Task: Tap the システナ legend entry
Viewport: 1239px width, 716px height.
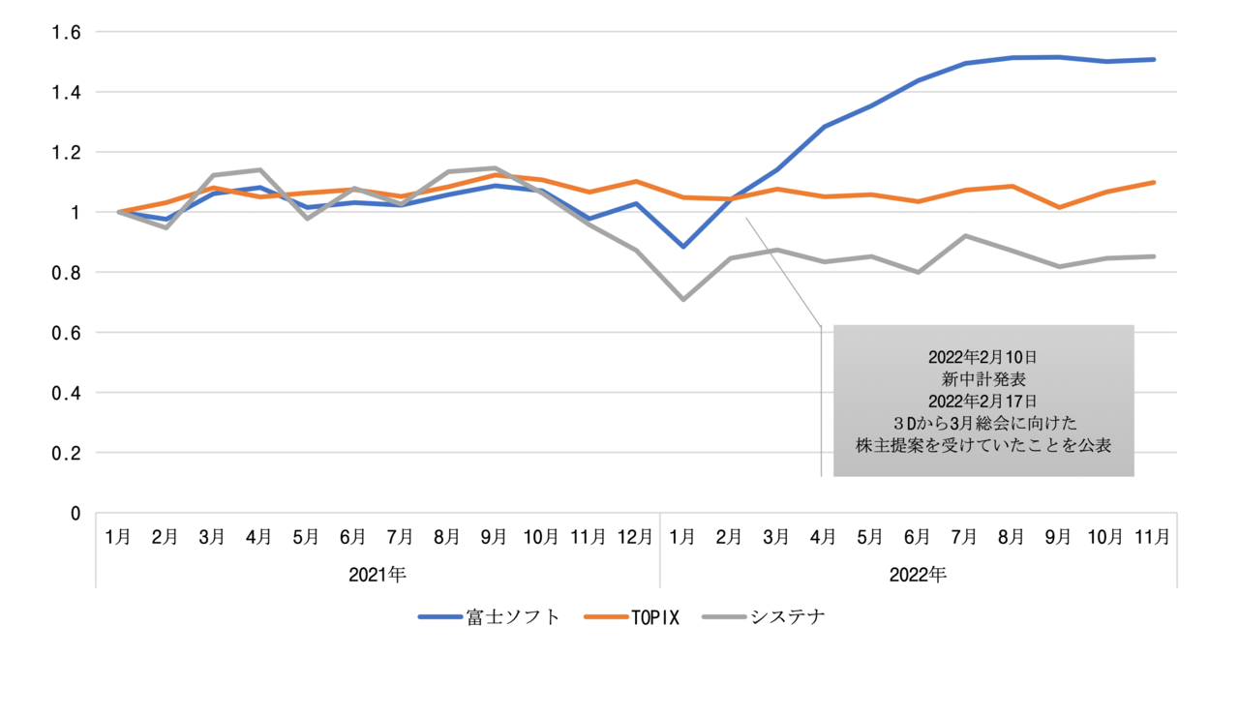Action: click(787, 617)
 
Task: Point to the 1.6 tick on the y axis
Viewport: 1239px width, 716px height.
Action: click(67, 32)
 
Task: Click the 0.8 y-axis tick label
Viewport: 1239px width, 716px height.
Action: click(67, 273)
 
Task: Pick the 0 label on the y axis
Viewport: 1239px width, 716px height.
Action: click(76, 513)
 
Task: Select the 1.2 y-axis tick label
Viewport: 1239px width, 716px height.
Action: click(67, 152)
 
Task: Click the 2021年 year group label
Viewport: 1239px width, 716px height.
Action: click(378, 574)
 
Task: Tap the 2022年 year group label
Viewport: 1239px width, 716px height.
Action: click(918, 574)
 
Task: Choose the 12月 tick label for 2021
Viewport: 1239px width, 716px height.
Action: click(635, 536)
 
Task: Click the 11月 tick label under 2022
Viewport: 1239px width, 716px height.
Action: click(1153, 536)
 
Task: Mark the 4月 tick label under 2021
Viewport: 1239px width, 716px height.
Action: click(259, 536)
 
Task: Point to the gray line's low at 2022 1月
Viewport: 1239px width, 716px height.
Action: click(683, 299)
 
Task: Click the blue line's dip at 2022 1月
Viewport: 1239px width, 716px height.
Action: click(683, 247)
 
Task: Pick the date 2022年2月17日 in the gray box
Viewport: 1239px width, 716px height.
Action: click(983, 401)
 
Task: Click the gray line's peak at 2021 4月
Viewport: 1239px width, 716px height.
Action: click(259, 170)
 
